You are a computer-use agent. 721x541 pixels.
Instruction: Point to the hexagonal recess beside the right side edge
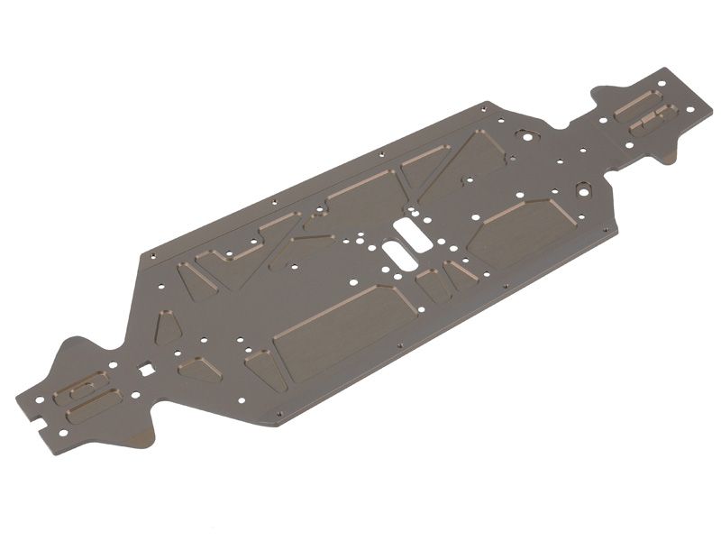pyautogui.click(x=583, y=191)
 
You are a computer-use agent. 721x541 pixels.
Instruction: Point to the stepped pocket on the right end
pyautogui.click(x=653, y=118)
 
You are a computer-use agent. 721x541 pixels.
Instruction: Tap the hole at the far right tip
pyautogui.click(x=691, y=109)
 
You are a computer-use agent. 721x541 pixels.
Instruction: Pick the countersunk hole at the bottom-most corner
pyautogui.click(x=278, y=417)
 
